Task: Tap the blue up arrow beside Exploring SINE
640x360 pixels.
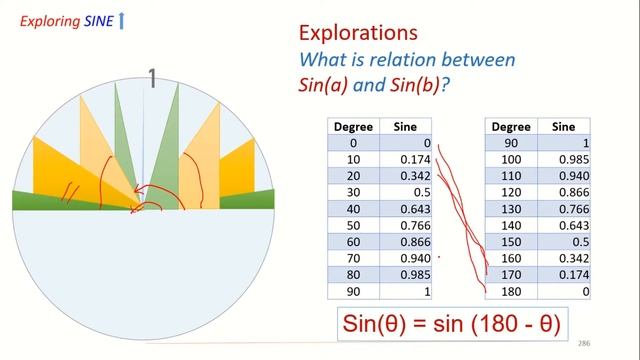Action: coord(121,19)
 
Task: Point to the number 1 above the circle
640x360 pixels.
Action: coord(153,78)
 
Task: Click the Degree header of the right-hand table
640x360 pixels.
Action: coord(511,126)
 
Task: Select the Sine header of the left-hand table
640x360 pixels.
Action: coord(406,126)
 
